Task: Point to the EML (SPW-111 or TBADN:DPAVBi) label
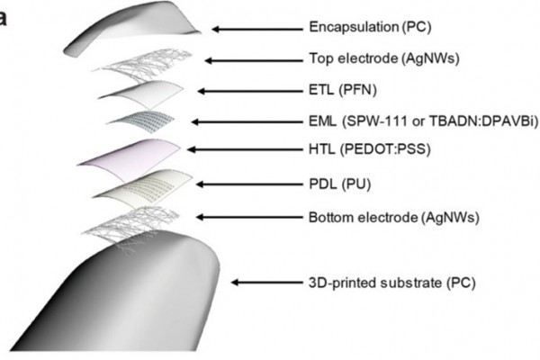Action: (422, 121)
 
